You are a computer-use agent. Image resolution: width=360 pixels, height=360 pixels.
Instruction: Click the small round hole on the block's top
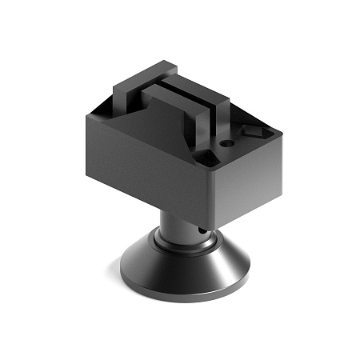226,144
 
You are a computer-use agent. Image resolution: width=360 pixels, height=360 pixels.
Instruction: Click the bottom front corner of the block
214,223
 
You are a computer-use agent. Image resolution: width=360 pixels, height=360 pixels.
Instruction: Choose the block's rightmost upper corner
282,141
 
